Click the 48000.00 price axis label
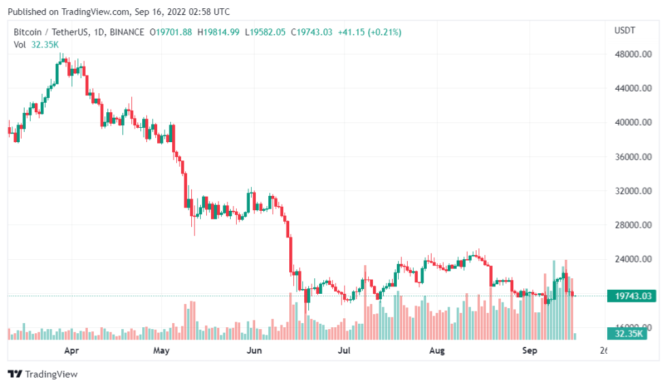tap(632, 54)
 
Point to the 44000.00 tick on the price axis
tap(632, 88)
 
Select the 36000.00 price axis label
tap(632, 157)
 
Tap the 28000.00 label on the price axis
tap(632, 225)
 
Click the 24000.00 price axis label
tap(632, 259)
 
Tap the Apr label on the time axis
tap(71, 351)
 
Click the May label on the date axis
tap(161, 351)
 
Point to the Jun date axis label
tap(254, 351)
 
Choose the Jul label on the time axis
tap(344, 351)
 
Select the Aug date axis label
tap(437, 351)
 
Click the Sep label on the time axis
tap(530, 351)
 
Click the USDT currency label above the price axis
tap(624, 31)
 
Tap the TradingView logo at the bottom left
tap(43, 374)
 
